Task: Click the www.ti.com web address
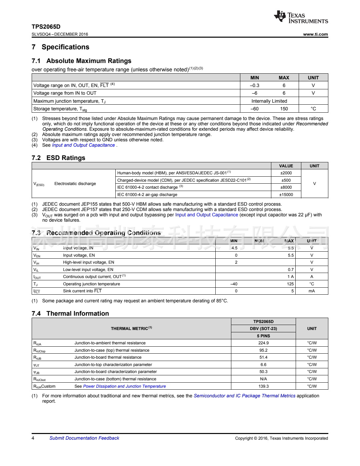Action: pyautogui.click(x=315, y=34)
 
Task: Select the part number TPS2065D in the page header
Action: pyautogui.click(x=46, y=27)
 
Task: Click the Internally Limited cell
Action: pyautogui.click(x=269, y=101)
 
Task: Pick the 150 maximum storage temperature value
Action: pyautogui.click(x=284, y=109)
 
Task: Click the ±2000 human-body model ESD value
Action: pyautogui.click(x=286, y=173)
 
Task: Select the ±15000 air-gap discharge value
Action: pyautogui.click(x=286, y=195)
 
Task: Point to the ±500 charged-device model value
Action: pyautogui.click(x=286, y=180)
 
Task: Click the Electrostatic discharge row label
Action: pyautogui.click(x=75, y=184)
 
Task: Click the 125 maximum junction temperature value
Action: pyautogui.click(x=290, y=284)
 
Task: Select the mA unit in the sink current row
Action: pyautogui.click(x=311, y=291)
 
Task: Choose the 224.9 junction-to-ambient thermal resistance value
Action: pyautogui.click(x=263, y=343)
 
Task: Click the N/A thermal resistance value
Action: pyautogui.click(x=263, y=379)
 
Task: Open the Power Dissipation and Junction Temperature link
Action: pyautogui.click(x=124, y=386)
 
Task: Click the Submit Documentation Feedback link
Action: pyautogui.click(x=84, y=438)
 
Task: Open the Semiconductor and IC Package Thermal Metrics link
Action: pyautogui.click(x=244, y=396)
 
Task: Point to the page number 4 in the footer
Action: pyautogui.click(x=33, y=438)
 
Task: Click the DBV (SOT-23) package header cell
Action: pyautogui.click(x=263, y=329)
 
